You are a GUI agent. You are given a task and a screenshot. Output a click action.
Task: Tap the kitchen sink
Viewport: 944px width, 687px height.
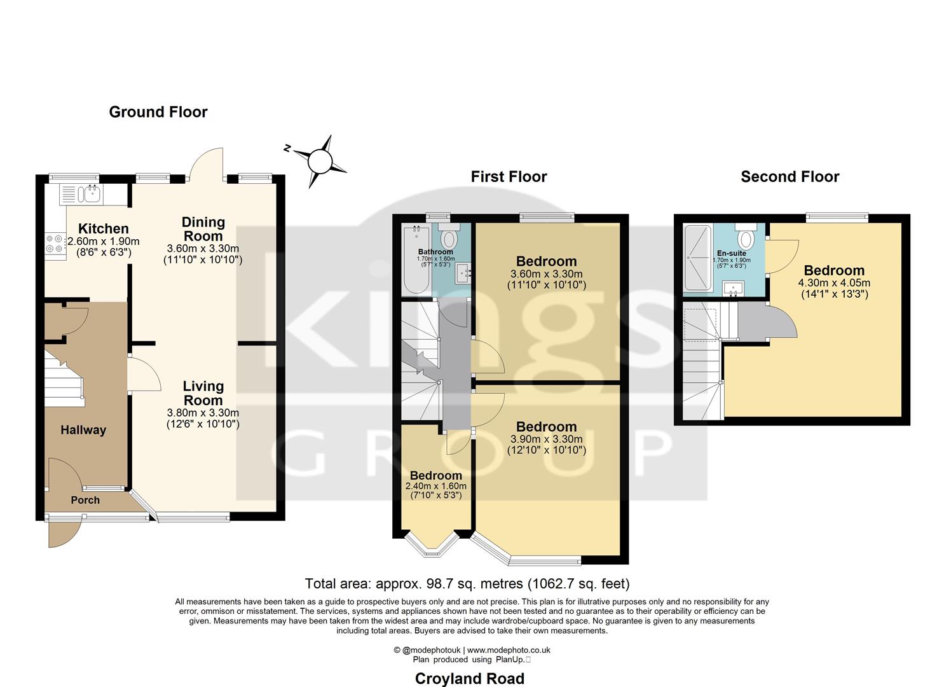pos(90,193)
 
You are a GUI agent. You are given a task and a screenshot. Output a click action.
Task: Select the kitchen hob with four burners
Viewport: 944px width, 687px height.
pos(53,244)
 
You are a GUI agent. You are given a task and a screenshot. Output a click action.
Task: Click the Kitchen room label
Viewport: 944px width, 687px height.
pos(103,228)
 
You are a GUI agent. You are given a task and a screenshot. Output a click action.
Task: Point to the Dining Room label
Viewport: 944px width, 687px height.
pos(203,228)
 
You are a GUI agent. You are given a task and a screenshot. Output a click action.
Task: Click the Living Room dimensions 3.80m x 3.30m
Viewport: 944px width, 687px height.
pos(203,412)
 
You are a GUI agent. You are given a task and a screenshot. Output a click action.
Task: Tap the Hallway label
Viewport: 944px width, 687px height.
pos(83,430)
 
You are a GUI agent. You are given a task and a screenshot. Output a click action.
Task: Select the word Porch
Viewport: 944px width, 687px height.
pos(85,500)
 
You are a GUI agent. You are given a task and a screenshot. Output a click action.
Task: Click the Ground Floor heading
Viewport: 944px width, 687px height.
pos(158,112)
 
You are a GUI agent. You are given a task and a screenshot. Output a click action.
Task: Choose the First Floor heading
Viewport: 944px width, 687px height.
pos(509,177)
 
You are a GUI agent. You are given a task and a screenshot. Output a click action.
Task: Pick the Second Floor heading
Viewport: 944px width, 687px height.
pos(790,177)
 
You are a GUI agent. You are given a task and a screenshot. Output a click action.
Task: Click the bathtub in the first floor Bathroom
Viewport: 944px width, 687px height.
pos(416,261)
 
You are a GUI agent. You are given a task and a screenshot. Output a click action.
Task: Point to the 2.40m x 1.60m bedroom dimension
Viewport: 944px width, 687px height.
pos(435,486)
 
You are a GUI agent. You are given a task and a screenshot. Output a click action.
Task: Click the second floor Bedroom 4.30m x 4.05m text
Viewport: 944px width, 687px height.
pos(834,283)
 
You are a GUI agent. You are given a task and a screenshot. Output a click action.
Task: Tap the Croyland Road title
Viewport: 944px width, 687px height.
pos(469,679)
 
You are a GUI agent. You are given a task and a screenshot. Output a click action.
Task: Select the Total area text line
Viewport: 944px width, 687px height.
pos(467,583)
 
